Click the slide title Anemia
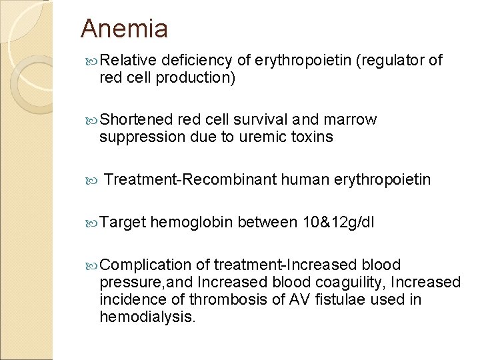pos(124,29)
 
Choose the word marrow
pos(350,120)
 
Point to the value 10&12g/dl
pos(338,222)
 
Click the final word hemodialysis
pos(147,317)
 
